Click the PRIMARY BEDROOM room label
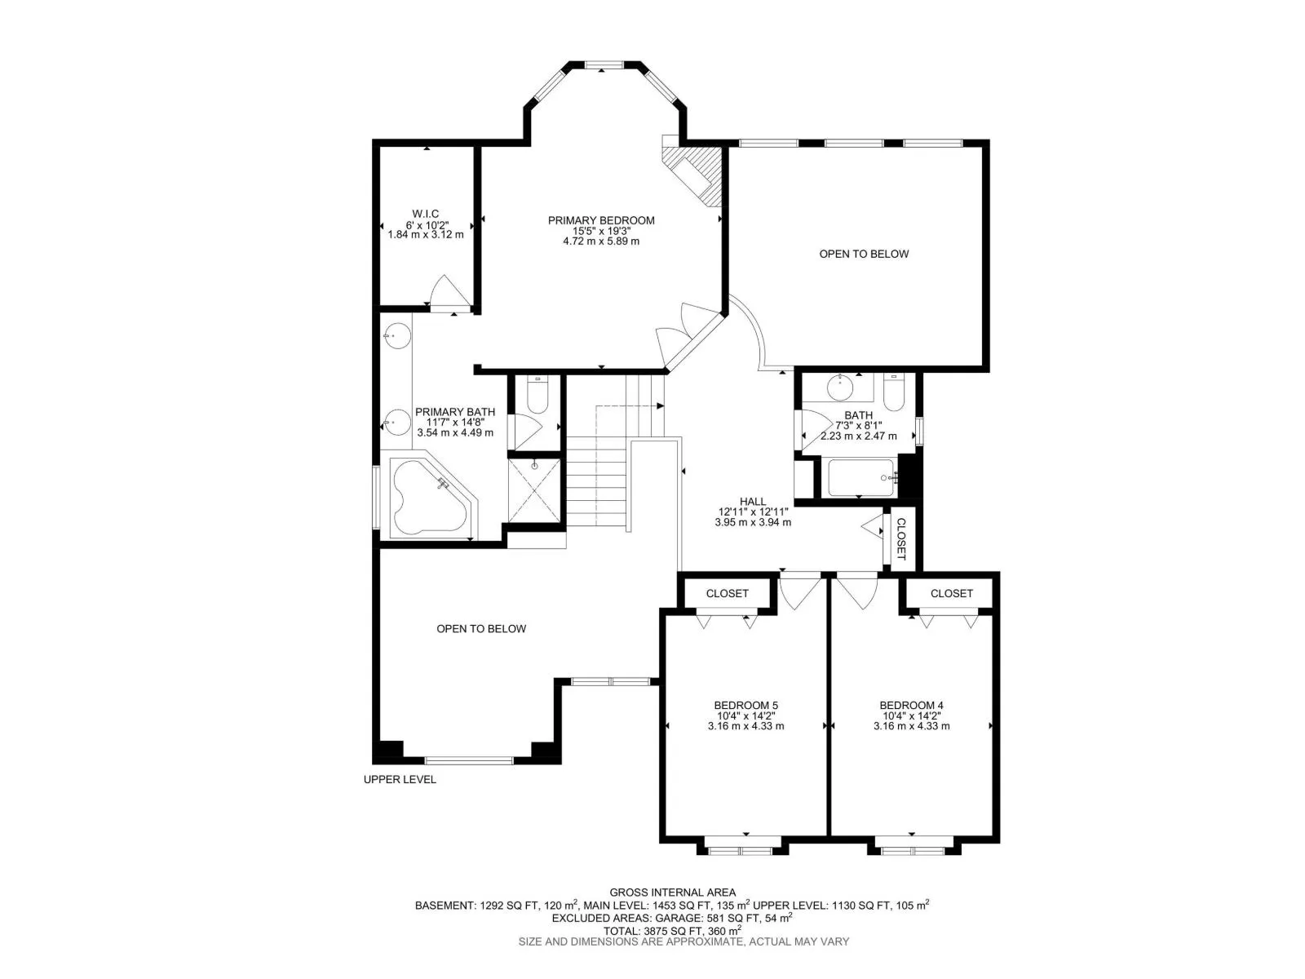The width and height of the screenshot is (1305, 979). coord(601,220)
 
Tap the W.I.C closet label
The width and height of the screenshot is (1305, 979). coord(425,214)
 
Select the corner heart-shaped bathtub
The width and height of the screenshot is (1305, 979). coord(429,497)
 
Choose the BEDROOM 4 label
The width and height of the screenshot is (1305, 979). coord(911,705)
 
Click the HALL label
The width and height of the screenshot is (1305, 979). coord(753,502)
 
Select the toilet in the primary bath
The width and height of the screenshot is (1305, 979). coord(537,396)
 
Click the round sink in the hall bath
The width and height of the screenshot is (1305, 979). coord(840,388)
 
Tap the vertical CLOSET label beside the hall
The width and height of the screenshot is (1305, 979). coord(900,539)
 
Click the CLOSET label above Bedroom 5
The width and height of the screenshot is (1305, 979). coord(727,593)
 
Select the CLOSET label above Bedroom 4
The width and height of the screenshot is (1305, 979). coord(951,593)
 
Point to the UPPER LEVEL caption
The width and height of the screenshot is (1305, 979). coord(400,779)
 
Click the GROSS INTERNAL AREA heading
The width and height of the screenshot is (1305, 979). coord(672,893)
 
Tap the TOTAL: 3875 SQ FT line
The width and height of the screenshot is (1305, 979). coord(672,931)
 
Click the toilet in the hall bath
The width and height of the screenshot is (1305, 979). coord(893,392)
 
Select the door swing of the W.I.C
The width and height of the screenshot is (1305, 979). coord(449,291)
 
